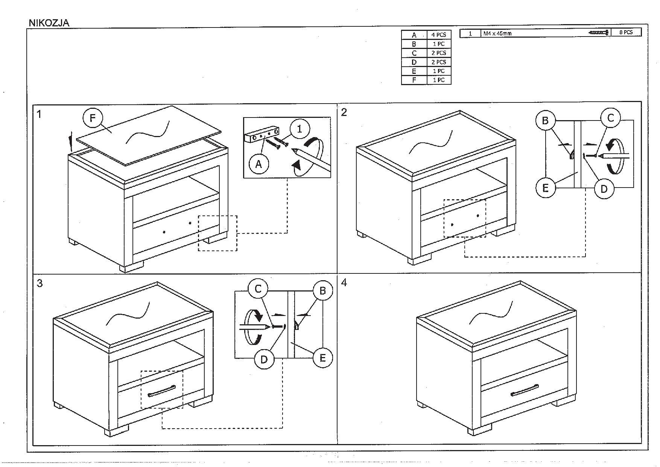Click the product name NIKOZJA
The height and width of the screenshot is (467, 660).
[x=49, y=23]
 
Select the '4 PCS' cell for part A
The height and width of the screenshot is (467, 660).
[x=438, y=35]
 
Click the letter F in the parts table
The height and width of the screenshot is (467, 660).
[x=414, y=80]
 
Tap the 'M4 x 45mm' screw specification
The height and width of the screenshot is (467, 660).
[x=497, y=33]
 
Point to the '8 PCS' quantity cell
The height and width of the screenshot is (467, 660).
[x=626, y=32]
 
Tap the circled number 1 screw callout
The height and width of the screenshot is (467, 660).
[x=300, y=129]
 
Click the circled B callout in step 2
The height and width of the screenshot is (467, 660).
[x=545, y=121]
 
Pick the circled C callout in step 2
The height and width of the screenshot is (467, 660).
[x=610, y=118]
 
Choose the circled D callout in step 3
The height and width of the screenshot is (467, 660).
[x=264, y=359]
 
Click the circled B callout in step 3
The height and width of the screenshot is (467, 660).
[x=322, y=290]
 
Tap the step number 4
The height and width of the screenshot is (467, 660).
[x=344, y=283]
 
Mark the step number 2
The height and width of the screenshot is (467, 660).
[x=344, y=112]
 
